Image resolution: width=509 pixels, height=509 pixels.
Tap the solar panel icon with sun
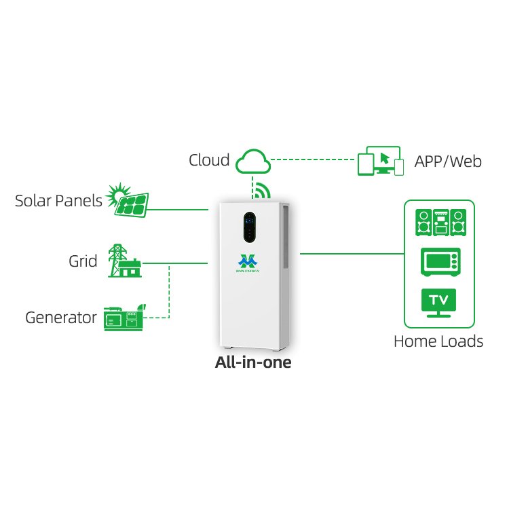pyautogui.click(x=128, y=200)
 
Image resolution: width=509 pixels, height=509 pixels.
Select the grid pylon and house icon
pyautogui.click(x=125, y=261)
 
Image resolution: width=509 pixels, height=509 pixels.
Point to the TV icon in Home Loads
pyautogui.click(x=438, y=303)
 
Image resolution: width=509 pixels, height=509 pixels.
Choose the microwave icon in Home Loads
pyautogui.click(x=440, y=262)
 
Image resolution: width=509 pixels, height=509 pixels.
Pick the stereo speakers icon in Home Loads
pyautogui.click(x=440, y=223)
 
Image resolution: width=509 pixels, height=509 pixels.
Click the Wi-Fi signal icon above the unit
pyautogui.click(x=263, y=190)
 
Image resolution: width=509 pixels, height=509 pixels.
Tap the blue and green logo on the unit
pyautogui.click(x=248, y=263)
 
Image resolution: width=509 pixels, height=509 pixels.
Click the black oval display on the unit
pyautogui.click(x=249, y=227)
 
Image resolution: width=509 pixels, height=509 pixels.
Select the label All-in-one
pyautogui.click(x=253, y=362)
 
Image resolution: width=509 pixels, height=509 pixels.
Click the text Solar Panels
pyautogui.click(x=58, y=201)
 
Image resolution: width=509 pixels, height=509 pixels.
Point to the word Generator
pyautogui.click(x=61, y=318)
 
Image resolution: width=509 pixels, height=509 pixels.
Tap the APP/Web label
pyautogui.click(x=448, y=162)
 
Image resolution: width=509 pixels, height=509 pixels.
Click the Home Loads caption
pyautogui.click(x=438, y=341)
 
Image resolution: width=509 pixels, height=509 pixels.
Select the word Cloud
pyautogui.click(x=209, y=160)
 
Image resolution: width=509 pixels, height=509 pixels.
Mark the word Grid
pyautogui.click(x=83, y=261)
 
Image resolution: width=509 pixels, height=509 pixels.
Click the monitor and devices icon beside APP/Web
pyautogui.click(x=381, y=161)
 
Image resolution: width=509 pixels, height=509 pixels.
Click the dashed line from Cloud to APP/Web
pyautogui.click(x=313, y=159)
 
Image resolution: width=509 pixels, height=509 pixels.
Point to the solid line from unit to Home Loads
pyautogui.click(x=352, y=254)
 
